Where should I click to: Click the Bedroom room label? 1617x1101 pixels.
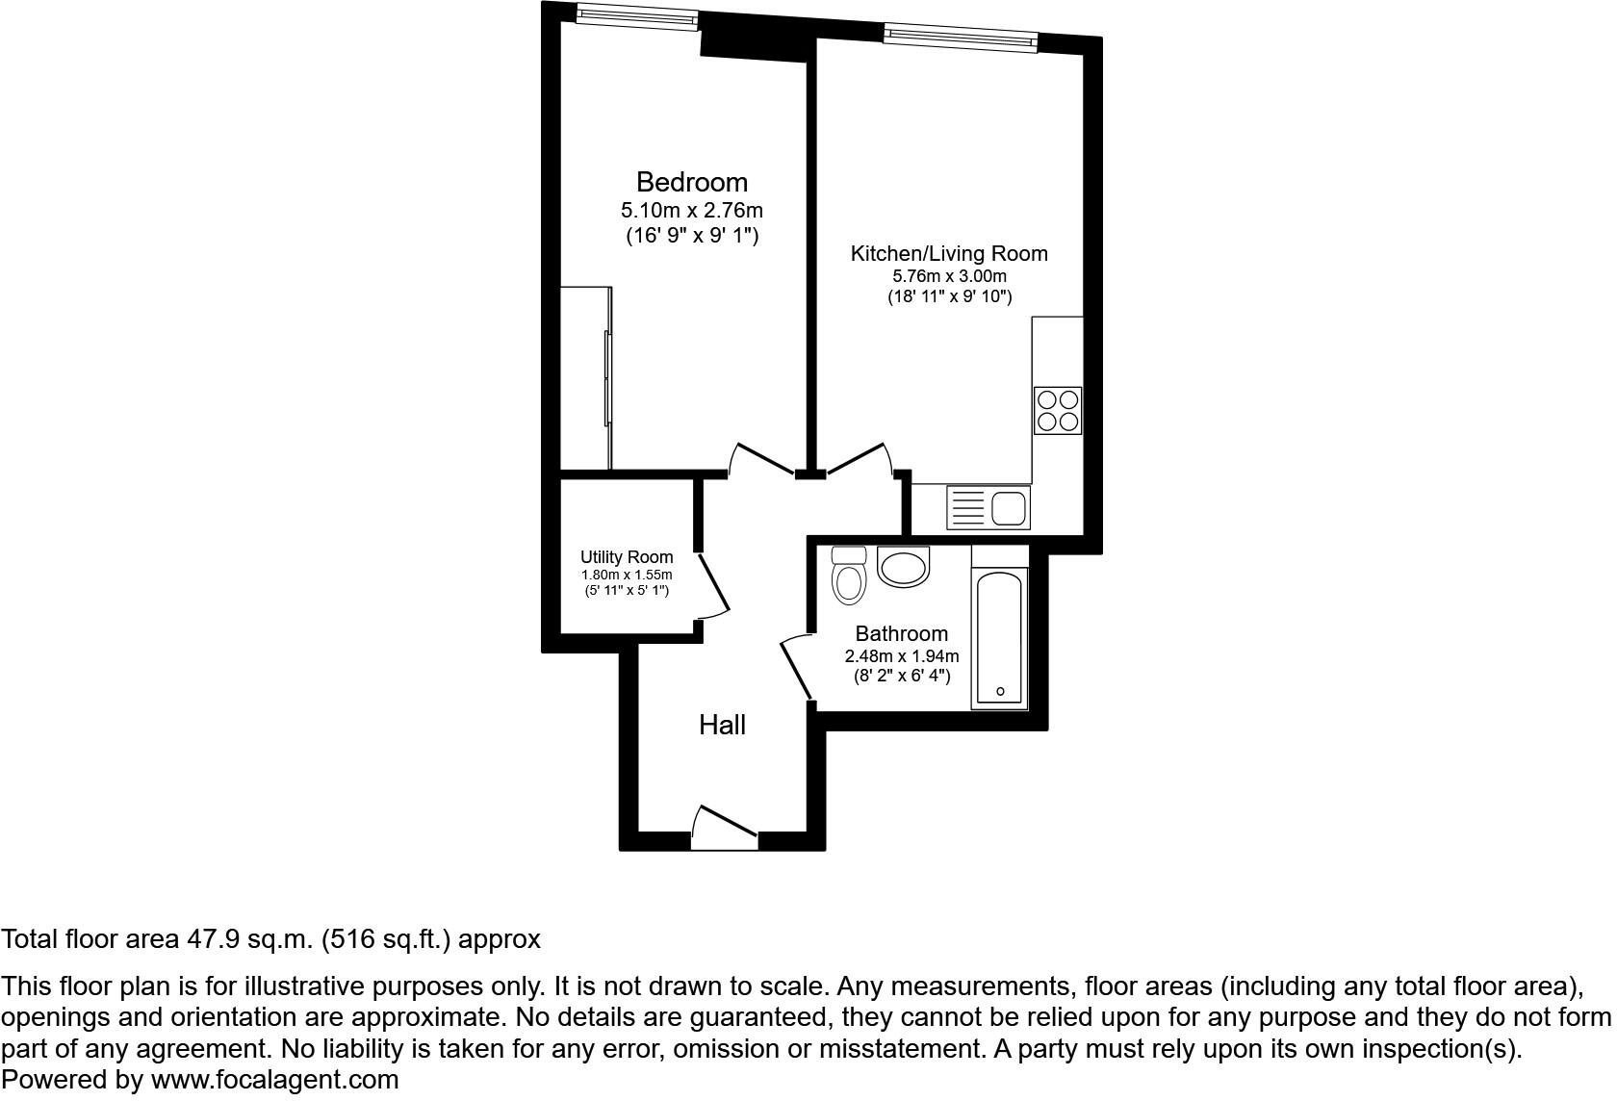tap(691, 182)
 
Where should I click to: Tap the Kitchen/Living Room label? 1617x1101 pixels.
tap(948, 254)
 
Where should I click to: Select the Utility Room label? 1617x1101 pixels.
tap(627, 557)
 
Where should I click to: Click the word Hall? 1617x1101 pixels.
tap(722, 725)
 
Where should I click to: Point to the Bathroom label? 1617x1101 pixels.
tap(902, 633)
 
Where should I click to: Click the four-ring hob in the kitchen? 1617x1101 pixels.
tap(1058, 410)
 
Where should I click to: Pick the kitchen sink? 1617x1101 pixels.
tap(988, 507)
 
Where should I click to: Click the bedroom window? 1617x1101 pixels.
tap(637, 15)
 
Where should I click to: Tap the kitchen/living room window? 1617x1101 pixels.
tap(961, 37)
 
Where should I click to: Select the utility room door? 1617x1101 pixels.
tap(713, 585)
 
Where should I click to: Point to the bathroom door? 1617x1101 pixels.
tap(796, 667)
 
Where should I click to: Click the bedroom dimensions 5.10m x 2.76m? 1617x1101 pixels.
tap(691, 210)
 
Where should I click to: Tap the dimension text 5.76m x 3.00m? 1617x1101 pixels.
tap(949, 276)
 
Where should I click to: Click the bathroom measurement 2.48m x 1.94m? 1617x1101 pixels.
tap(902, 656)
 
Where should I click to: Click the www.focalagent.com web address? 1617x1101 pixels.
tap(274, 1080)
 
